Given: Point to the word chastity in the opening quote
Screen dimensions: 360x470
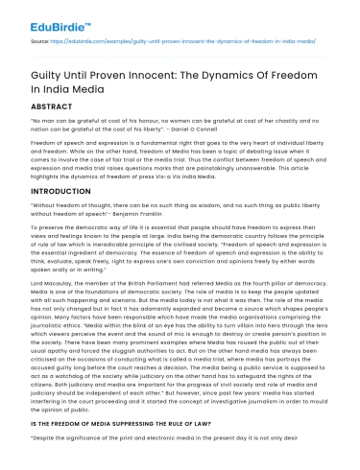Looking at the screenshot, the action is [x=293, y=123].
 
